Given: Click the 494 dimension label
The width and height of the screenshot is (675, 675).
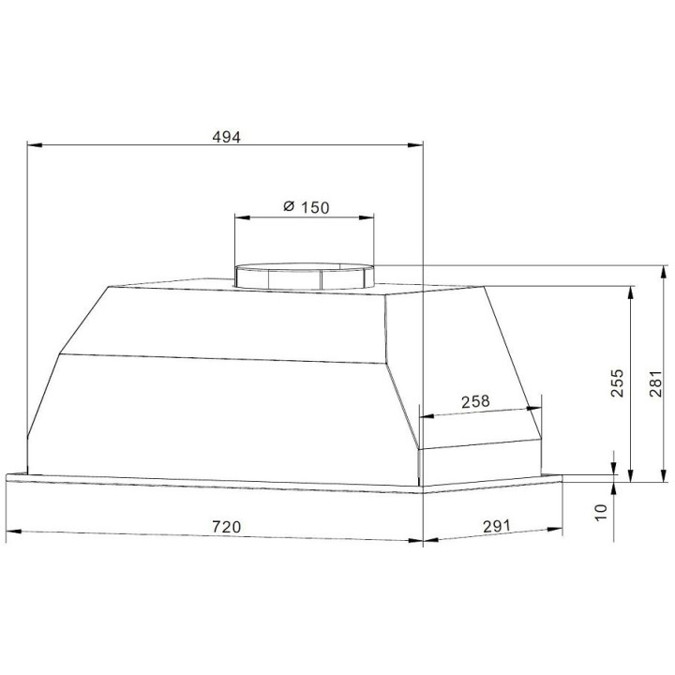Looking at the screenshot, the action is (x=227, y=137).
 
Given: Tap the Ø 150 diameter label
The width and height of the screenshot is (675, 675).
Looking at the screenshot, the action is (x=306, y=207).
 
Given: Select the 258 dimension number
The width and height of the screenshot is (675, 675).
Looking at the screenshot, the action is (x=475, y=401).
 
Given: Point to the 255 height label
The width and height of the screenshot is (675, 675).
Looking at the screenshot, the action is (x=617, y=382).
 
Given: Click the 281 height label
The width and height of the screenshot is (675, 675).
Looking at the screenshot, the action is (x=654, y=383).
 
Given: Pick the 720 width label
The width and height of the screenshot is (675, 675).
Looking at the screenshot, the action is (x=227, y=527).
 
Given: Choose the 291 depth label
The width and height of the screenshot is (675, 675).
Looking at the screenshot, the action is (x=496, y=526).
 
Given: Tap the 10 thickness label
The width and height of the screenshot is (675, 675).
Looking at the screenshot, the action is (x=600, y=512).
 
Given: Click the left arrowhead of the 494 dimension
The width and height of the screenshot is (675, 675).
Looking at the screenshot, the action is (x=35, y=145).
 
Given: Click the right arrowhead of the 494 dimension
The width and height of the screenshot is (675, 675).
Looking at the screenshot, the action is (x=415, y=145).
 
